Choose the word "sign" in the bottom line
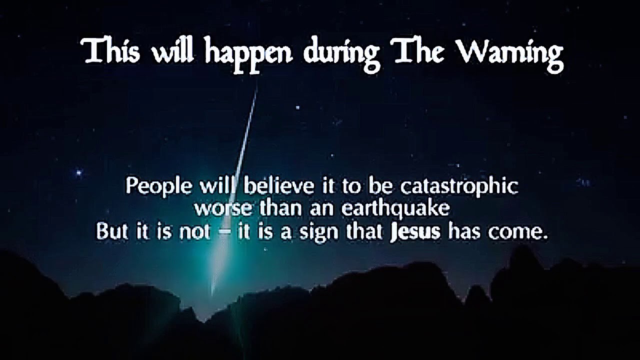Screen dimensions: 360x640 click(317, 232)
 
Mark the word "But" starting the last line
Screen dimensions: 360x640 click(113, 231)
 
